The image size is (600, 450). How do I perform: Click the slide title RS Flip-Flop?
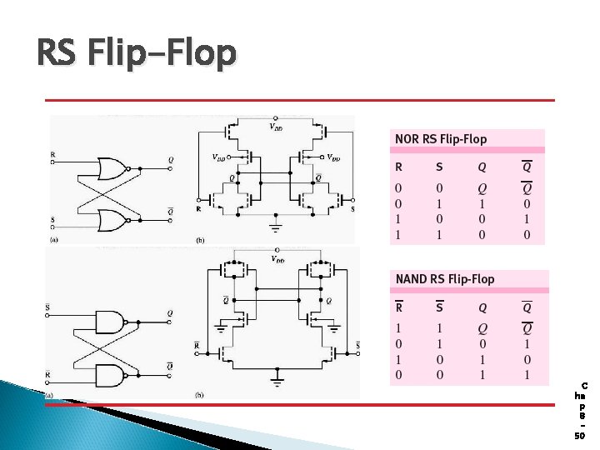point(137,54)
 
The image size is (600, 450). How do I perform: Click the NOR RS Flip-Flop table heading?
point(441,139)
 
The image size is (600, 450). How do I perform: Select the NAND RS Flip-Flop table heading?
point(445,279)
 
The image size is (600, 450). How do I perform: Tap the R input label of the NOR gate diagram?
point(53,154)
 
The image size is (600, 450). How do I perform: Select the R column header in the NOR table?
point(398,167)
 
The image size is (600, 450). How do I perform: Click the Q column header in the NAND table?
point(482,307)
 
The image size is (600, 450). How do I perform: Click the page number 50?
point(581,435)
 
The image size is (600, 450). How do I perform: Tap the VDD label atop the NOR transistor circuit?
point(275,127)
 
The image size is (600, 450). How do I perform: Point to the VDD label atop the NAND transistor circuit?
point(275,259)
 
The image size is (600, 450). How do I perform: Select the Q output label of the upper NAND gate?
point(170,313)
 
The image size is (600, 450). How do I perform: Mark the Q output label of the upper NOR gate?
point(171,159)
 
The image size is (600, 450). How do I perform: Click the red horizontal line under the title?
point(299,100)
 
